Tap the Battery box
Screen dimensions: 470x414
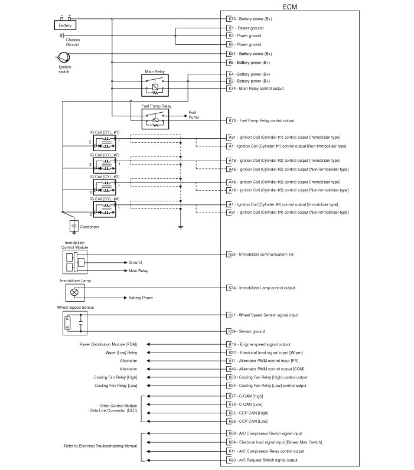point(64,25)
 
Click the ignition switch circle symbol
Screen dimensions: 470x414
point(63,57)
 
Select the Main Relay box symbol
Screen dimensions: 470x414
point(155,86)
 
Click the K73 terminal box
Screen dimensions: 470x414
point(231,19)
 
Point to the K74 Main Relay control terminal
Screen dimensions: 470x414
point(231,89)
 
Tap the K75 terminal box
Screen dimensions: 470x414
point(231,120)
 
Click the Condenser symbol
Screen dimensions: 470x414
point(74,226)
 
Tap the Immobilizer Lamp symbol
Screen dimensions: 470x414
point(74,292)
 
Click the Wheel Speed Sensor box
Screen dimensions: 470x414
point(74,322)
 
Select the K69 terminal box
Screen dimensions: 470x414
point(231,254)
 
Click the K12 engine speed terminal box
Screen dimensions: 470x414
point(231,344)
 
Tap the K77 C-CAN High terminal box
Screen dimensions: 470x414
point(231,397)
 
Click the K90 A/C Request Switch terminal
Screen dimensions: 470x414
point(231,460)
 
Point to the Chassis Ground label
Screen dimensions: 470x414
point(73,42)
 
